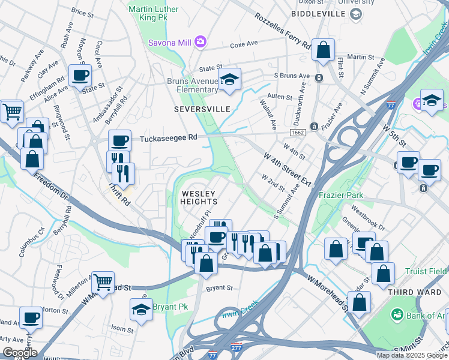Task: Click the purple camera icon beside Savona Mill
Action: tap(200, 41)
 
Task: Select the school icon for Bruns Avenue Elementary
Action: tap(229, 79)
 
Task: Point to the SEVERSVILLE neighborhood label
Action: tap(202, 110)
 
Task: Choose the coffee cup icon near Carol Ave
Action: tap(80, 76)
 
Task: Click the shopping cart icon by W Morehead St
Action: tap(103, 281)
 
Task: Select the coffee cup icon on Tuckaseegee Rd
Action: tap(119, 140)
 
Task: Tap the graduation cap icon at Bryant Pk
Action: tap(141, 309)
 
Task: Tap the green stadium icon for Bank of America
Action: tap(397, 315)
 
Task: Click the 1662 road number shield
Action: tap(297, 132)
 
